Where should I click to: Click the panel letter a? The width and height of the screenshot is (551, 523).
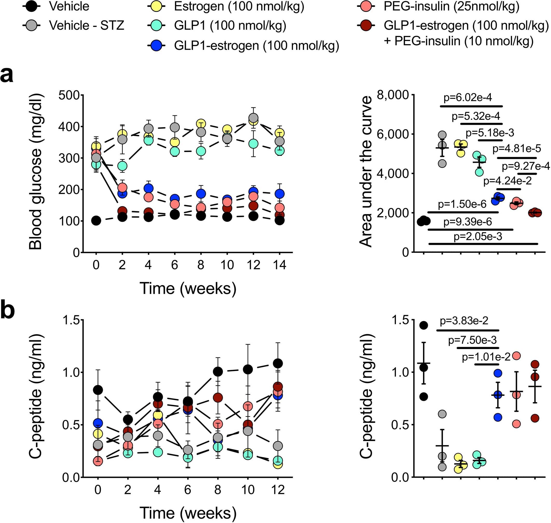tap(7, 75)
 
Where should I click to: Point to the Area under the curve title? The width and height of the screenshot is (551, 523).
tap(366, 171)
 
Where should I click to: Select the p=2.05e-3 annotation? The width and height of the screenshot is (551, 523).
tap(478, 237)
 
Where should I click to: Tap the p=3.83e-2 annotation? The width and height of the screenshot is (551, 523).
tap(464, 321)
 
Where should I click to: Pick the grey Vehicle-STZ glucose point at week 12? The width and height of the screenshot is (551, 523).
tap(253, 118)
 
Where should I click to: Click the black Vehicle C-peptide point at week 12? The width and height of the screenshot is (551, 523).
tap(278, 364)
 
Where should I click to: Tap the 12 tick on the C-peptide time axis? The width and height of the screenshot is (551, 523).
tap(278, 490)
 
